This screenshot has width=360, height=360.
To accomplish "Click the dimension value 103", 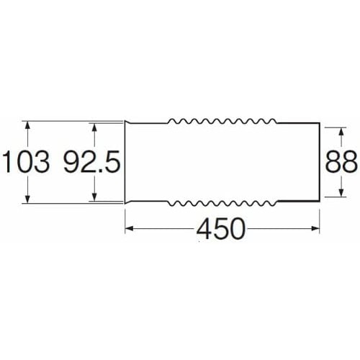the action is tap(27, 161).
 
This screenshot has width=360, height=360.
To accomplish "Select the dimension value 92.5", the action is tap(92, 161).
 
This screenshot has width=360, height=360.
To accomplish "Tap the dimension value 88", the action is tap(341, 161).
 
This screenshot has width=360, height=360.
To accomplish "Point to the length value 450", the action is tap(221, 228).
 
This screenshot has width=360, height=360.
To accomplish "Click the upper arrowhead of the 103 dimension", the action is tap(28, 125).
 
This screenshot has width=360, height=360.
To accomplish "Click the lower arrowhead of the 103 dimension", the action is tap(28, 199).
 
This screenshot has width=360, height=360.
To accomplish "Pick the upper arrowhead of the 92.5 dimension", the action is tap(94, 127).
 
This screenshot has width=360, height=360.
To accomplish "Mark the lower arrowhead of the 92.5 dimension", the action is tap(94, 197).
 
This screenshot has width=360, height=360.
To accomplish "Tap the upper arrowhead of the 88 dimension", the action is tap(341, 132).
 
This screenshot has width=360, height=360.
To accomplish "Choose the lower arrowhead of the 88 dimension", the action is tap(341, 192).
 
